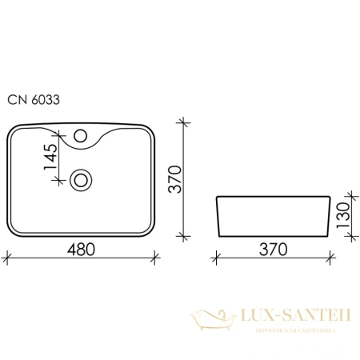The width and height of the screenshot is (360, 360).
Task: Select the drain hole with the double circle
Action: tap(80, 179)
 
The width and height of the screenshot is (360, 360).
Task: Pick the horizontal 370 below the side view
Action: tap(272, 249)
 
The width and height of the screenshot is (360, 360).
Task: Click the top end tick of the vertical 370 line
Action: tap(184, 123)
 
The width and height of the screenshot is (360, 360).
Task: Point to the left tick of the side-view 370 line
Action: tap(217, 258)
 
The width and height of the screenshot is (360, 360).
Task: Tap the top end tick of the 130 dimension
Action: tap(350, 195)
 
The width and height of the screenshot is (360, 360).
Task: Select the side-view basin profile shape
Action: tap(272, 215)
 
